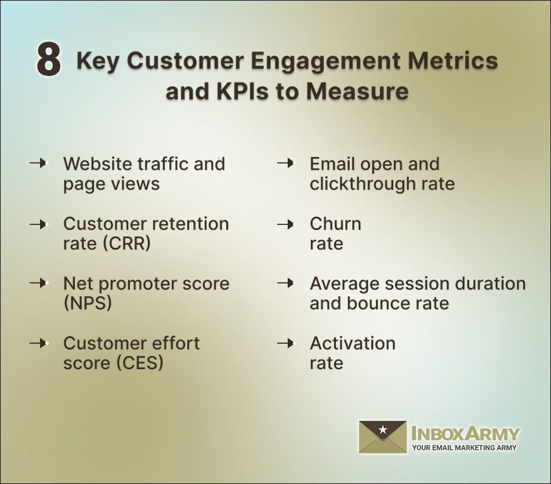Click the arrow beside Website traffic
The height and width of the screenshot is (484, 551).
pyautogui.click(x=38, y=164)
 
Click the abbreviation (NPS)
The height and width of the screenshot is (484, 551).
pyautogui.click(x=88, y=303)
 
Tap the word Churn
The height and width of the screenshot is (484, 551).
pyautogui.click(x=335, y=224)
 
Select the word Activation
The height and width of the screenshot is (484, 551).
pyautogui.click(x=353, y=343)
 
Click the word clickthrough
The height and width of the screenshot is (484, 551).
pyautogui.click(x=362, y=184)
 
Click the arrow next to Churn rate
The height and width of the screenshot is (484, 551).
pyautogui.click(x=285, y=224)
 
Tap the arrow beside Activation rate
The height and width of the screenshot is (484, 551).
pyautogui.click(x=285, y=343)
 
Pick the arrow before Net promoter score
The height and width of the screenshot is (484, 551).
pyautogui.click(x=38, y=283)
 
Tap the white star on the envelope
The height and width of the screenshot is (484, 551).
pyautogui.click(x=383, y=430)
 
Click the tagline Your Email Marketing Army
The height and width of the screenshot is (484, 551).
pyautogui.click(x=464, y=447)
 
